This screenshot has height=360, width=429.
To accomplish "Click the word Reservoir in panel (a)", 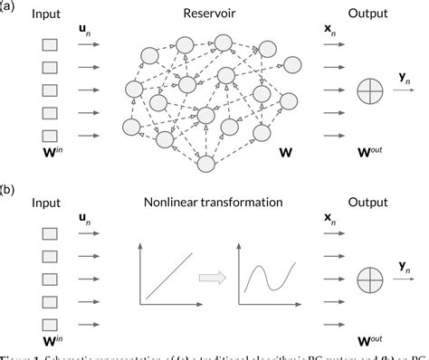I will click(206, 14).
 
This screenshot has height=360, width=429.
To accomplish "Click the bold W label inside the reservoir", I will click(288, 166).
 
